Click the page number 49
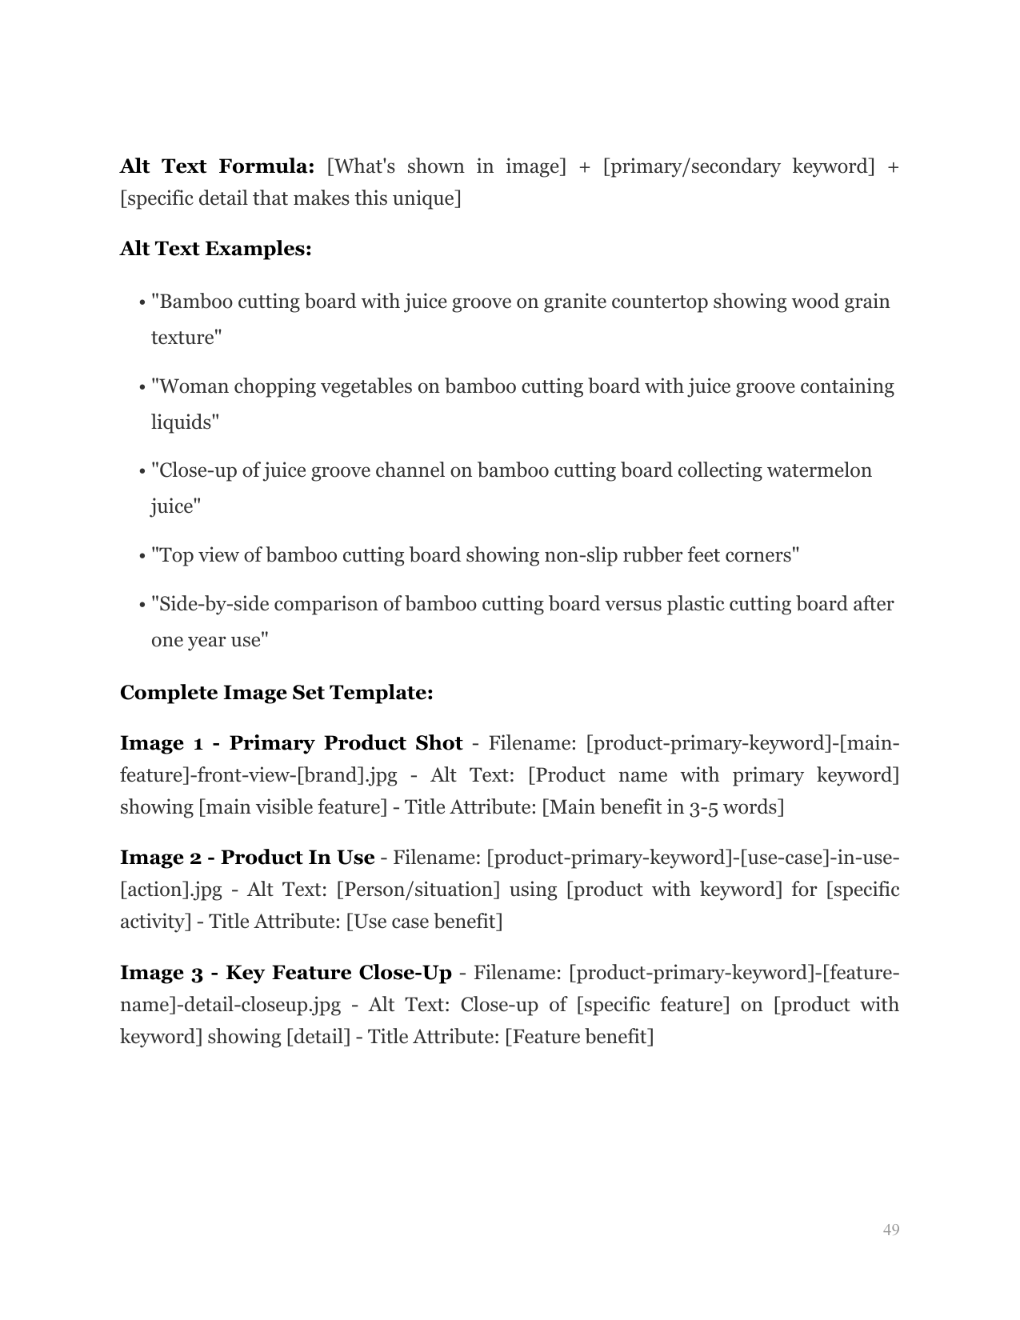(x=891, y=1230)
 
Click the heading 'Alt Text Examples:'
(x=215, y=249)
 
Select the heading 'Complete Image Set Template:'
(x=276, y=692)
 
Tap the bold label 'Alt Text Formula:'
(x=217, y=166)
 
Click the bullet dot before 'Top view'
(x=142, y=556)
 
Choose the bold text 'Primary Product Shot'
(x=346, y=743)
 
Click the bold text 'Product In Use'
(x=298, y=858)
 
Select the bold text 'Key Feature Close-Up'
(x=338, y=973)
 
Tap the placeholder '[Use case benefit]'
(x=424, y=922)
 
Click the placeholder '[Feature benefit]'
(x=579, y=1037)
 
